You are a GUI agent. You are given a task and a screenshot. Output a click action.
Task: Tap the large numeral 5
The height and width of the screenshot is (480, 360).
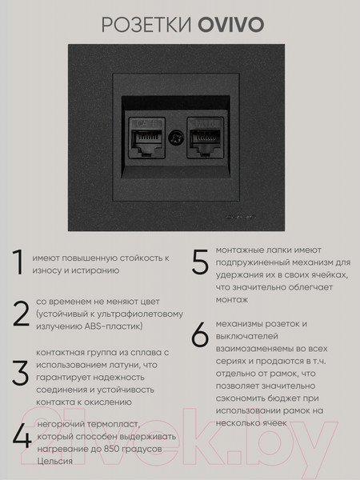pos(200,262)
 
